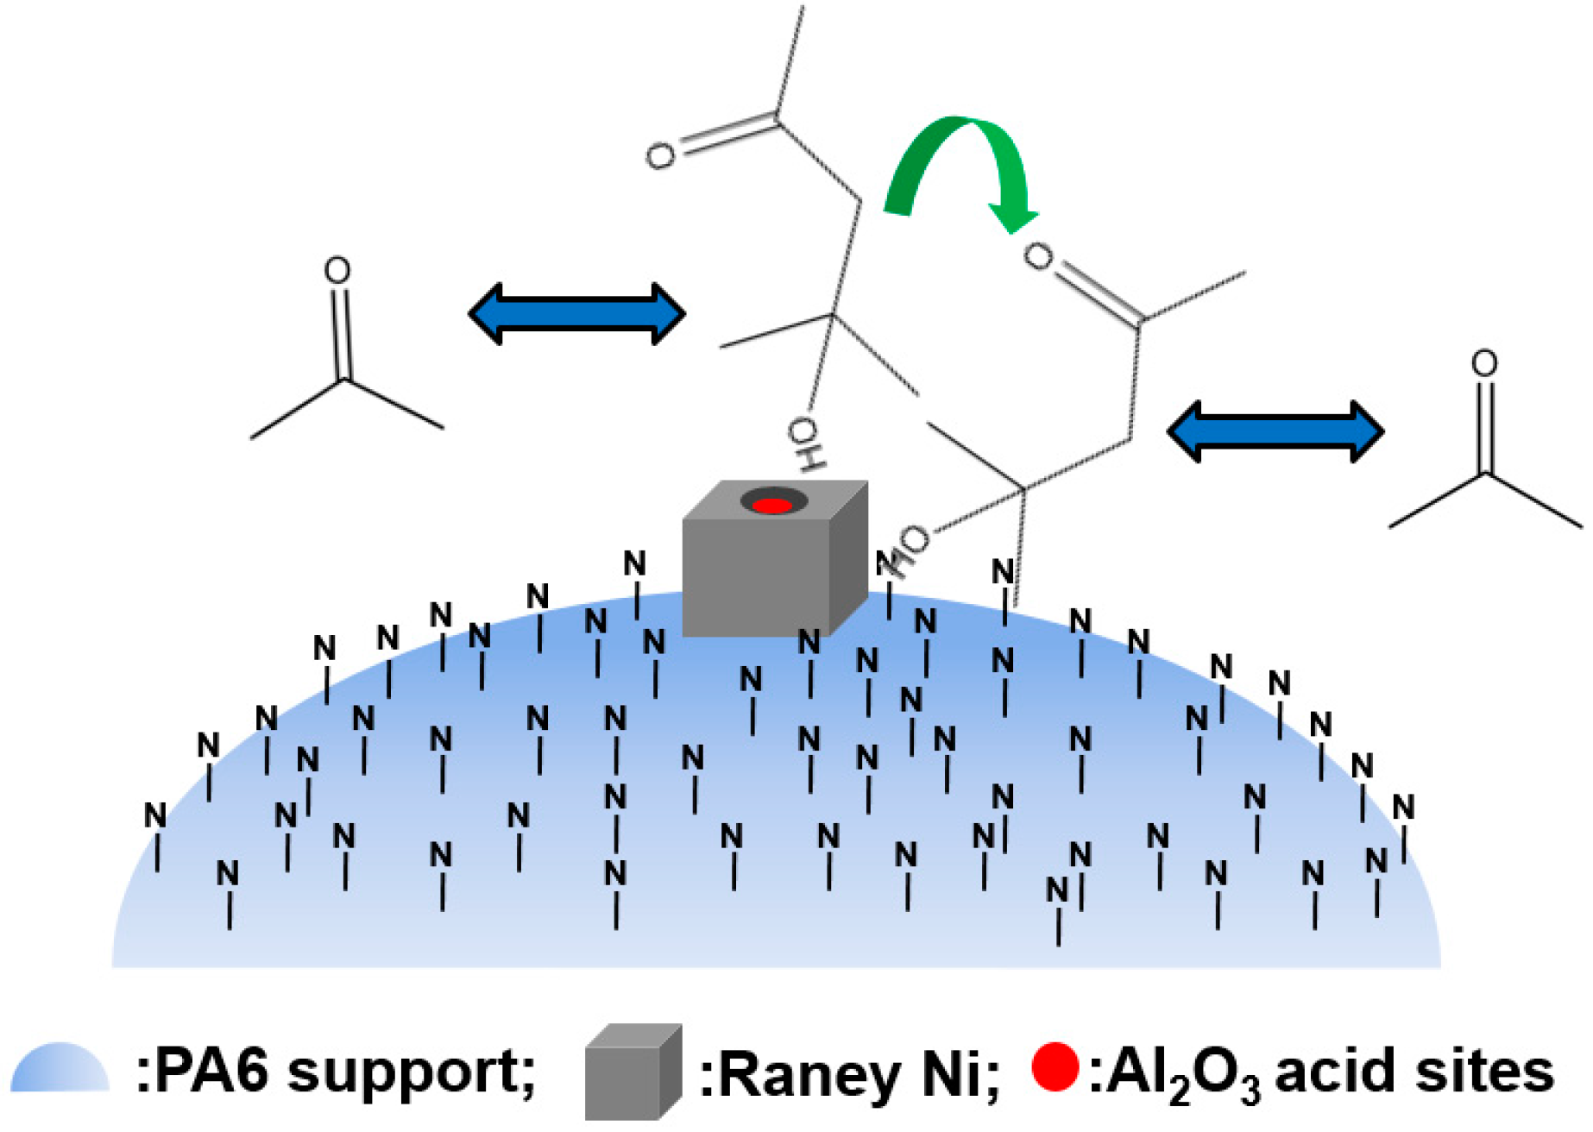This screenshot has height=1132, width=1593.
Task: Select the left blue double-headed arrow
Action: [576, 313]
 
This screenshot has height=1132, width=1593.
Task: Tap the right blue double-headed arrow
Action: [1275, 431]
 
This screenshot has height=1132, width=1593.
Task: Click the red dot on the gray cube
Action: [772, 505]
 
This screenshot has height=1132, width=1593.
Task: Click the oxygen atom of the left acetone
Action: [337, 271]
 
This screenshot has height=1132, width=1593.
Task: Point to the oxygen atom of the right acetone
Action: [1483, 363]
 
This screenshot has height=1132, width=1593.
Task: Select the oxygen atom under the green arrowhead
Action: [1038, 256]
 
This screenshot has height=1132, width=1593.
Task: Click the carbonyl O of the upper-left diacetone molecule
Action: [661, 157]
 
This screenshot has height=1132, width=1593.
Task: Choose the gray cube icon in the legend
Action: [633, 1072]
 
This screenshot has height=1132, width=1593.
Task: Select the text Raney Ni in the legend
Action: [850, 1075]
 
